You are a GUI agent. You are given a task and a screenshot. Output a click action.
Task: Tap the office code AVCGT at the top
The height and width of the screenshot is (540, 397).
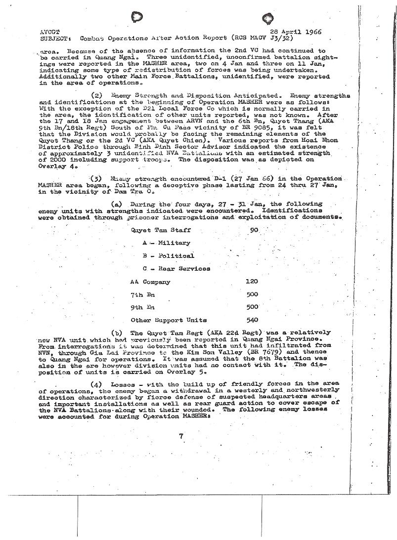coord(49,32)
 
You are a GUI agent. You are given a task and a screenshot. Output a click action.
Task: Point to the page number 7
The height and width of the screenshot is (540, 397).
coord(181,435)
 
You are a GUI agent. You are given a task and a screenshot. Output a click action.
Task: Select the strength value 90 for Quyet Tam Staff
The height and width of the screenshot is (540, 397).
coord(254,230)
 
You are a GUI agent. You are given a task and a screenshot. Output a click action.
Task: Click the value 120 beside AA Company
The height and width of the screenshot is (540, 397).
coord(252,282)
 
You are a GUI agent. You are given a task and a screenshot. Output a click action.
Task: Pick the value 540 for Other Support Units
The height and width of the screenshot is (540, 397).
coord(252,320)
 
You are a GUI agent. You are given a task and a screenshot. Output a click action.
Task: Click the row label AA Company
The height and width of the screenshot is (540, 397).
coord(150,282)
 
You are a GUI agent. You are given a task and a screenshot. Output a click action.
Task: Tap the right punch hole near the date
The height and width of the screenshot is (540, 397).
coord(268,19)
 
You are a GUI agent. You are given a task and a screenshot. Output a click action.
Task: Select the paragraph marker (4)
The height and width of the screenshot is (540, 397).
coord(97,384)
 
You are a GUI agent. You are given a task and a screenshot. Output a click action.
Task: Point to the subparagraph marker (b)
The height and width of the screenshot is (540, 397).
coord(117,332)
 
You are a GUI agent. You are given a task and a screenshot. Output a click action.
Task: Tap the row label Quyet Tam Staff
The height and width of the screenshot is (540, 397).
coord(160,230)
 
